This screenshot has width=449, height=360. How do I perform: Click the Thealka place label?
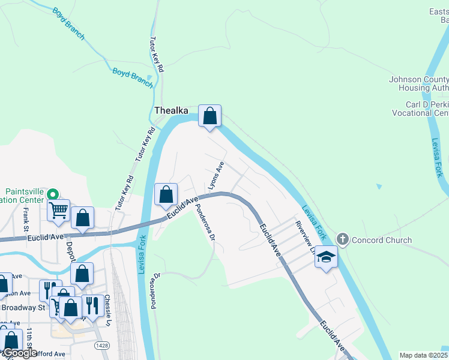point(172,110)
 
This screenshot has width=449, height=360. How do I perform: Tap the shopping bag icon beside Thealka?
point(209,115)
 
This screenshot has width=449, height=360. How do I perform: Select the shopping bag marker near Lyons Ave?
point(166,194)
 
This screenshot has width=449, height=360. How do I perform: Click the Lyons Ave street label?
point(216,176)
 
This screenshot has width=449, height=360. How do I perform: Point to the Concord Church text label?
point(382,240)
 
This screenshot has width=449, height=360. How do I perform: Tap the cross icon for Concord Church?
point(343,239)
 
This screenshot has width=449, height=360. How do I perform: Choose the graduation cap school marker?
point(326,257)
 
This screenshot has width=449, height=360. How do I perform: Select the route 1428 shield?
point(102,346)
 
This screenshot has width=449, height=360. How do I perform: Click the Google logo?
point(19,353)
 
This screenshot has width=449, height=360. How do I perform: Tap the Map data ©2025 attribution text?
point(423,355)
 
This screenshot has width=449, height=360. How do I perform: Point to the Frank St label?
point(26,220)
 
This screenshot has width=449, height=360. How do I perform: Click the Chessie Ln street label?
point(108,307)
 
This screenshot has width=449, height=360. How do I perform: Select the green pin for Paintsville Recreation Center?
point(52,194)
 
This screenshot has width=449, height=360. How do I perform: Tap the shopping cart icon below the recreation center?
point(58,211)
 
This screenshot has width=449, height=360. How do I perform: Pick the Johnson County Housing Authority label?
point(419,83)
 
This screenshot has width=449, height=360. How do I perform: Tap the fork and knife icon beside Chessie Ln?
point(91,305)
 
